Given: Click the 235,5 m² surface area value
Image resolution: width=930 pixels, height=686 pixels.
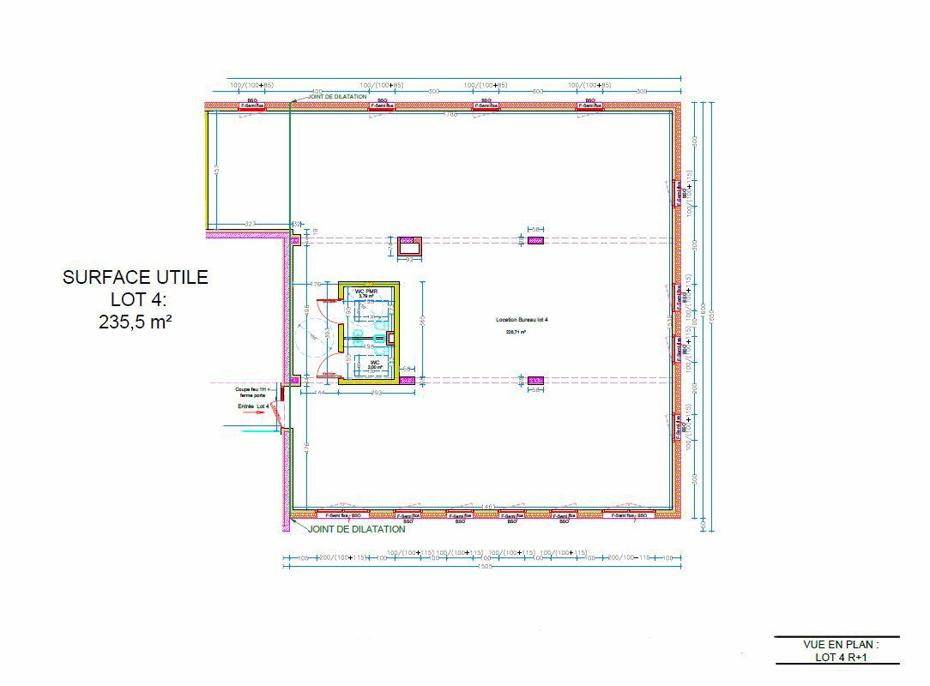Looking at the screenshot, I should coord(135,322).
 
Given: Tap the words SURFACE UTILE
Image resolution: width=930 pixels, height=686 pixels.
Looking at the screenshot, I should coord(135,277).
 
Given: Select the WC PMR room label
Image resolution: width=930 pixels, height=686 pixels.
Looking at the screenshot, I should coord(367,291).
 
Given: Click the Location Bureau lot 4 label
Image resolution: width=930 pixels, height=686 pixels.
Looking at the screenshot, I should coord(521,319).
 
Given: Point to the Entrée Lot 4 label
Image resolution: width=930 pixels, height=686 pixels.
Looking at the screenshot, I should coord(254,406).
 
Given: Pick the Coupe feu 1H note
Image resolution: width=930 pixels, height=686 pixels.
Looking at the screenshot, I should coord(254,391).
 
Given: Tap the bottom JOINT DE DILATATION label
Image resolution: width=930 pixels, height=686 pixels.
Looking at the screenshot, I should coord(356,529).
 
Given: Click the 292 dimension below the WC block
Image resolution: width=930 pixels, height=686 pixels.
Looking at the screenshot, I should coord(374,391).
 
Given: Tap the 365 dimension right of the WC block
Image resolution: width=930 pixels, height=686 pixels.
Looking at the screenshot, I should coord(421,322).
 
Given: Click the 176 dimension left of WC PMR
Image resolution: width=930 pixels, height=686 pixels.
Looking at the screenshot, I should coord(314,284).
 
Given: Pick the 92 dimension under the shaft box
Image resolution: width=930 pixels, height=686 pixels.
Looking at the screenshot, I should coord(408,259).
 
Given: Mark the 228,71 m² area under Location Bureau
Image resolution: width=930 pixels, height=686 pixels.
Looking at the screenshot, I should coord(516,331).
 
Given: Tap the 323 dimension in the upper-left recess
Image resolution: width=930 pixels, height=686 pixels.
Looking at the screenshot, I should coord(250,223).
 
